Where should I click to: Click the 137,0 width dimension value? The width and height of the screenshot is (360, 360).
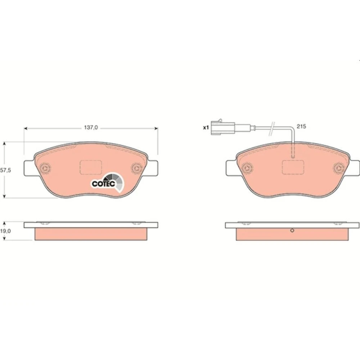(x=91, y=127)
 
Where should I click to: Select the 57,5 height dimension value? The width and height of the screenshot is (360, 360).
(x=5, y=170)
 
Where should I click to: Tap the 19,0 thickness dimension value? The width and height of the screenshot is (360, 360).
(x=5, y=231)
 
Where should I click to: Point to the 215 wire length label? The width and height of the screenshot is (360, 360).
(x=301, y=126)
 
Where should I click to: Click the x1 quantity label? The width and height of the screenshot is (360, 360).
(x=206, y=127)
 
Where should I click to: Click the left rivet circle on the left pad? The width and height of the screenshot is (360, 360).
(x=45, y=168)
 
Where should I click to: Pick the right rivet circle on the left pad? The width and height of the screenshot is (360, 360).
(x=136, y=168)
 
